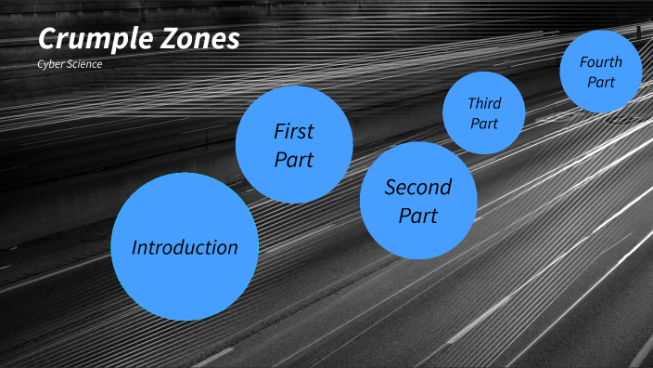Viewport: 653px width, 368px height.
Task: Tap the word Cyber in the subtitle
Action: click(x=50, y=65)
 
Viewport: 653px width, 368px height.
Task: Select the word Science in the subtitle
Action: click(x=83, y=65)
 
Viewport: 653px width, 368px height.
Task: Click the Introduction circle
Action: click(x=185, y=279)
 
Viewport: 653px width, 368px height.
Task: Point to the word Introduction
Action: click(x=185, y=247)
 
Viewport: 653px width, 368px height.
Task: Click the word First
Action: click(x=294, y=131)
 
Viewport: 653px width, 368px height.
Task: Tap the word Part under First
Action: click(x=294, y=159)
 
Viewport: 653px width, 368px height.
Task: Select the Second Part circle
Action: click(x=418, y=232)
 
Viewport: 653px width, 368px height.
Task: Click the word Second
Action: click(x=418, y=187)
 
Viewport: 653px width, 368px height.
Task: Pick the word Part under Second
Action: click(x=418, y=216)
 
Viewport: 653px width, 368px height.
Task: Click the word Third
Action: click(x=483, y=103)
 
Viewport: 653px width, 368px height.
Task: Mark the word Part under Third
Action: click(x=483, y=123)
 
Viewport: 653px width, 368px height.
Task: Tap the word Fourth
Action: click(x=601, y=62)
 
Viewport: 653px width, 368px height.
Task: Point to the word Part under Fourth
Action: click(x=601, y=82)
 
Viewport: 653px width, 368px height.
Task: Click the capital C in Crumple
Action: click(x=47, y=40)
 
